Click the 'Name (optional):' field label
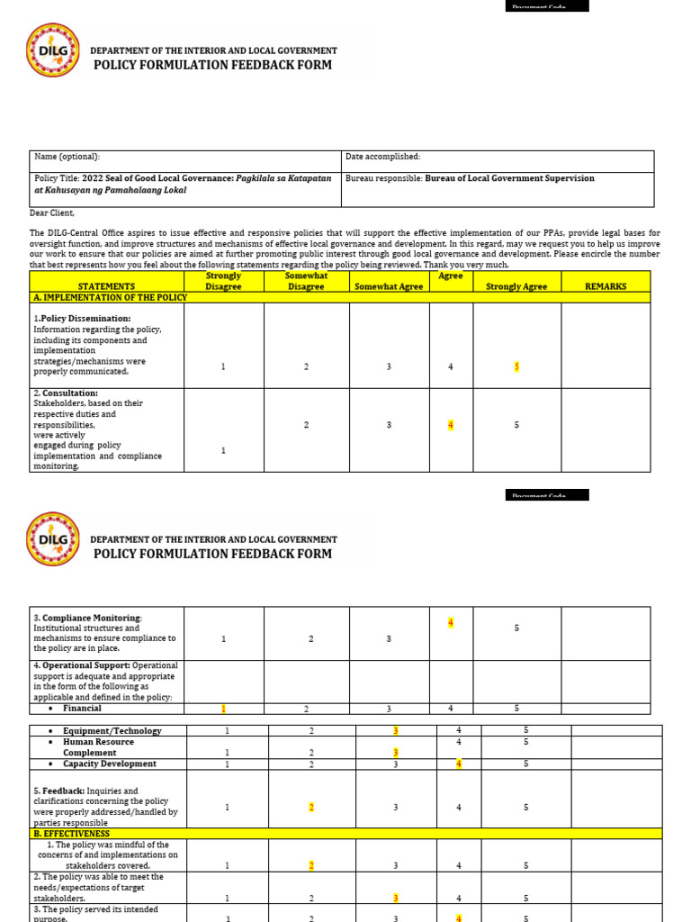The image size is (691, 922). (x=67, y=157)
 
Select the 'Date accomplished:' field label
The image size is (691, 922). (x=382, y=157)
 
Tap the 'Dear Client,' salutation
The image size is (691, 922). (x=53, y=213)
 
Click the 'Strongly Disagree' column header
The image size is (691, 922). (x=223, y=281)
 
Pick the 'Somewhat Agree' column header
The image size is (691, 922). (x=389, y=286)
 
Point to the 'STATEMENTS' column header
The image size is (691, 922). (x=106, y=286)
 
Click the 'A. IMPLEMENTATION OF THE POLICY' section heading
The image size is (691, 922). (x=109, y=297)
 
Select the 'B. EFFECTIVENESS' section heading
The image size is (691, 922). (x=71, y=834)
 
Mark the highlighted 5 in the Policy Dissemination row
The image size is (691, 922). (x=516, y=366)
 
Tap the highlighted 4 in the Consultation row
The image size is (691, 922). (x=451, y=425)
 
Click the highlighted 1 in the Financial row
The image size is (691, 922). (x=223, y=709)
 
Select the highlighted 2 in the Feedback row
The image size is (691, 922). (x=311, y=808)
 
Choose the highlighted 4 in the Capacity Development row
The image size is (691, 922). (x=459, y=764)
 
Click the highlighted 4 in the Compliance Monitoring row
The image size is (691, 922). (x=451, y=623)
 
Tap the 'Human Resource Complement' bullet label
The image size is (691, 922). (x=98, y=747)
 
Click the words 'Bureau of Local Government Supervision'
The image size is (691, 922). (x=509, y=178)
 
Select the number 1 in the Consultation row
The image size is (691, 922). (x=223, y=450)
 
